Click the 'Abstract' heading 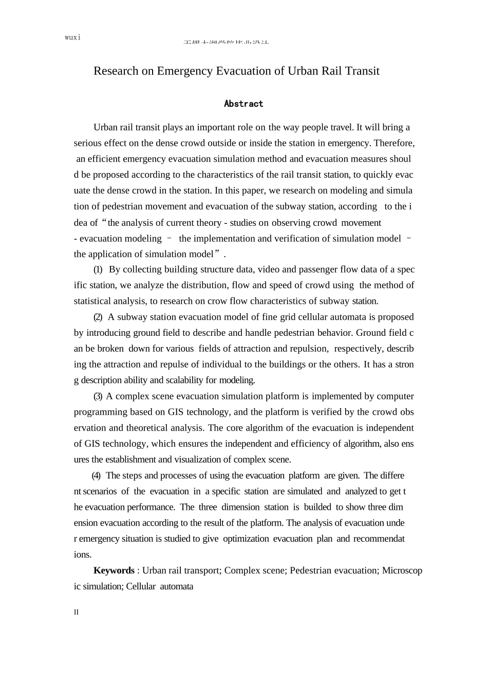pyautogui.click(x=243, y=104)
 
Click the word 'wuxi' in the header pyautogui.click(x=73, y=38)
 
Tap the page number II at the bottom pyautogui.click(x=77, y=612)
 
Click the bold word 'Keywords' pyautogui.click(x=114, y=570)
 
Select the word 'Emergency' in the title pyautogui.click(x=184, y=71)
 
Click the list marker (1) pyautogui.click(x=98, y=270)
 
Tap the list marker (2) pyautogui.click(x=98, y=317)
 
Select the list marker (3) pyautogui.click(x=98, y=396)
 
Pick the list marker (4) pyautogui.click(x=96, y=475)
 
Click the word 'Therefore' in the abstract pyautogui.click(x=394, y=143)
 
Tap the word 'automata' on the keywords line pyautogui.click(x=177, y=586)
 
